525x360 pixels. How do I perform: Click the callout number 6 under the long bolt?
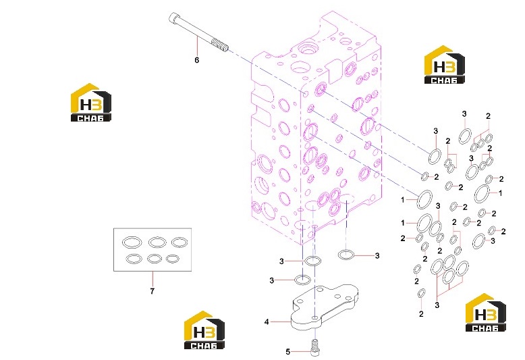(197, 60)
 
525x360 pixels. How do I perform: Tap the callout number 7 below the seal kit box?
(153, 291)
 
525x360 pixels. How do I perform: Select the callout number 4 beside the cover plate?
(267, 322)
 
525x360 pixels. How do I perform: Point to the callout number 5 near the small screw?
(288, 352)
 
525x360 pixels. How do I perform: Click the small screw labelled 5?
(315, 348)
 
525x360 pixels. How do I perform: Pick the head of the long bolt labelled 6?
(173, 17)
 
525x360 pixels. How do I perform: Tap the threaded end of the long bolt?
(220, 45)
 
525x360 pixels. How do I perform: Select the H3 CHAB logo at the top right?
(444, 64)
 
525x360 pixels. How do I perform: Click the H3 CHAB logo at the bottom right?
(485, 313)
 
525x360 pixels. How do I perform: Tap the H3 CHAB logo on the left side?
(90, 102)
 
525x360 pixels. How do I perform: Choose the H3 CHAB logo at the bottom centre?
(204, 330)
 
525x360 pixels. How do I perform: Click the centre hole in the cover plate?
(314, 317)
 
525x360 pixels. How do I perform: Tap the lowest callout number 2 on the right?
(421, 314)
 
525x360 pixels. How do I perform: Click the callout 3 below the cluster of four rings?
(437, 305)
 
